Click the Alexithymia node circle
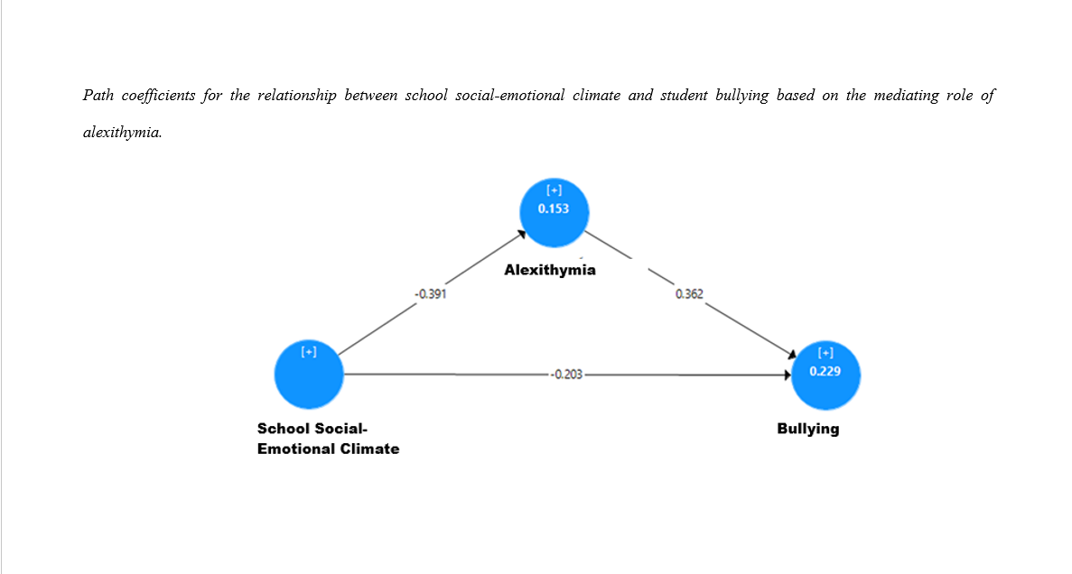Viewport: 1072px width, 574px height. coord(554,212)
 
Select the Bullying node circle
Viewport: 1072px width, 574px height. coord(825,375)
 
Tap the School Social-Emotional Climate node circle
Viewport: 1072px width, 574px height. coord(309,375)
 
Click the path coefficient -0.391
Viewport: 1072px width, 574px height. coord(431,294)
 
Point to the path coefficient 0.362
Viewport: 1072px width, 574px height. coord(689,294)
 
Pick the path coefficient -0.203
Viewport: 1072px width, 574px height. coord(567,375)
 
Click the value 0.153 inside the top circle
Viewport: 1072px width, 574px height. coord(553,209)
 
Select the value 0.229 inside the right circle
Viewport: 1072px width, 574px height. coord(825,371)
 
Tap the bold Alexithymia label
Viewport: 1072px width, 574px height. coord(550,270)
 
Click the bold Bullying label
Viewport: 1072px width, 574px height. coord(808,429)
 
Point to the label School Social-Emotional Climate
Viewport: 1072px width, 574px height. coord(328,439)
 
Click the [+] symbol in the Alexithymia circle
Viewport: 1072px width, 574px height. coord(554,190)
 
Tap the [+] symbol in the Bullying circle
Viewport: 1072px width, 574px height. coord(825,353)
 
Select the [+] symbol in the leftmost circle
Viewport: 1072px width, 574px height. coord(309,352)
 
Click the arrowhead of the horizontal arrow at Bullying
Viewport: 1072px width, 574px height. coord(788,375)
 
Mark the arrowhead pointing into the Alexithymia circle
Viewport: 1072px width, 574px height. coord(522,235)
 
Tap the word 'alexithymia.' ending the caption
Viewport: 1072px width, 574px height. coord(123,133)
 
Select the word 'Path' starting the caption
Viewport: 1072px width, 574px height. coord(98,95)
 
